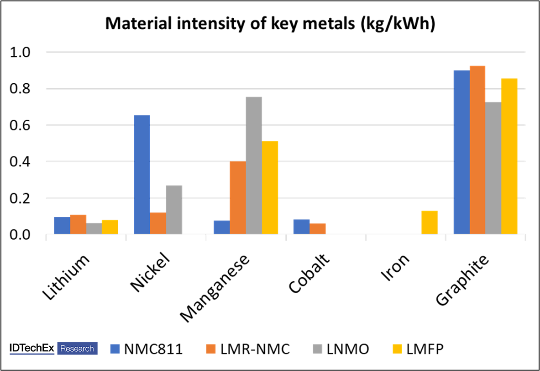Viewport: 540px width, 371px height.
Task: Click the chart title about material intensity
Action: pos(270,24)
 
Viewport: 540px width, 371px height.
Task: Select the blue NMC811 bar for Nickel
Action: pos(142,175)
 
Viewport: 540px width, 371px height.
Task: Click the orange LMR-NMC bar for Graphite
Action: pos(477,150)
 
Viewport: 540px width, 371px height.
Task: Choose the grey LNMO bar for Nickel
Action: pos(174,210)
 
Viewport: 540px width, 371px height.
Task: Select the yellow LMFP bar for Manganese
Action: pos(270,188)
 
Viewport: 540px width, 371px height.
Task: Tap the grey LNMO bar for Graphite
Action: pos(493,168)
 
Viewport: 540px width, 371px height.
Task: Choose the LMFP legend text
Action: pos(425,349)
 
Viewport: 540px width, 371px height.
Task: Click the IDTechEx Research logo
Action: pos(53,349)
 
